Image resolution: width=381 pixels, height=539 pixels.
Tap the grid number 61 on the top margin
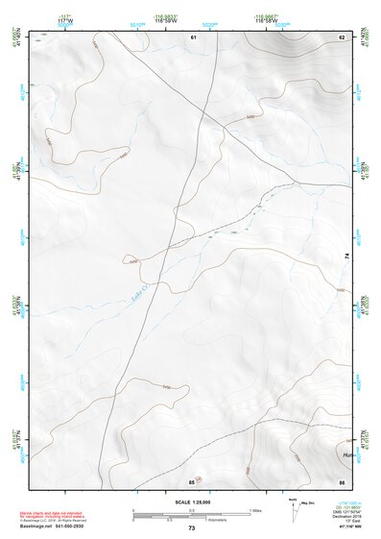coord(193,37)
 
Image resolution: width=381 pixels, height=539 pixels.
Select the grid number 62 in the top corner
coord(342,37)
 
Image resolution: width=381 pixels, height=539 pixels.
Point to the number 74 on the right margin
coord(347,255)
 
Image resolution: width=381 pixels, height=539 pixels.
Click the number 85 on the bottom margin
coord(192,480)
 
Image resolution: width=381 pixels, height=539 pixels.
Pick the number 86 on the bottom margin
coord(342,480)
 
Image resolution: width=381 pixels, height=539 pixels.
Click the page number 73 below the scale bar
coord(191,527)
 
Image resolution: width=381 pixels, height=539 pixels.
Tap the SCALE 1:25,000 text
coord(191,502)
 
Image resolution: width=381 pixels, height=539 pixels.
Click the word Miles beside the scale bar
coord(257,509)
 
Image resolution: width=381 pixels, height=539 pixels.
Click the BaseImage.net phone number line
coord(51,527)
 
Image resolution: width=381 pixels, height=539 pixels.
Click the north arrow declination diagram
coord(294,513)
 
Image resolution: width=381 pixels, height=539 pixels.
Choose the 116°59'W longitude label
coord(168,17)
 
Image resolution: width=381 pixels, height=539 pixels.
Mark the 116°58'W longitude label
coord(266,17)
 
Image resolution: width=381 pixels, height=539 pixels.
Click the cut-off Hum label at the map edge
coord(346,453)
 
